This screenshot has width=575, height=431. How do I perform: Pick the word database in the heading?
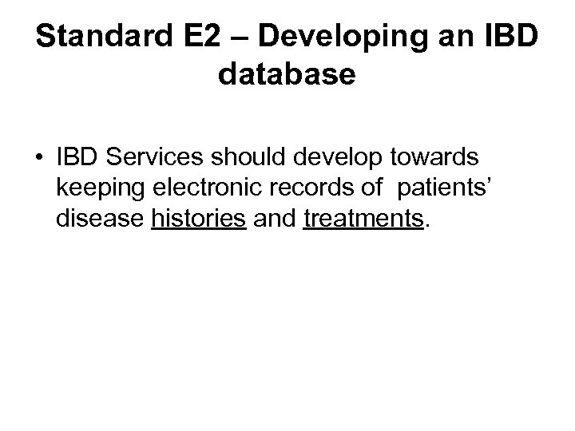tap(286, 75)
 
